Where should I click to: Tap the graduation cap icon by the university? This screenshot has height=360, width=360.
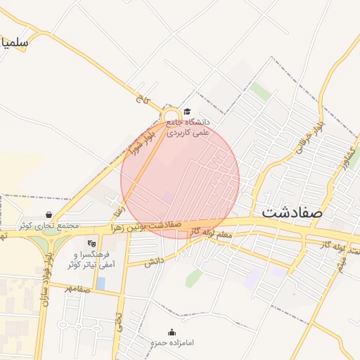[187, 112]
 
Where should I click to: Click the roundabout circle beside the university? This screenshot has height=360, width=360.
[170, 116]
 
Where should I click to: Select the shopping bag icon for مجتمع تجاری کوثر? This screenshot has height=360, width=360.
[49, 214]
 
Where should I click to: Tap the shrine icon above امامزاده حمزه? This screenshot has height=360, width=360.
[172, 332]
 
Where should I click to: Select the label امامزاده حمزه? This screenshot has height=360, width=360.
[172, 342]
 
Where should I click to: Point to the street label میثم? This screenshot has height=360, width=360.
[343, 264]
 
